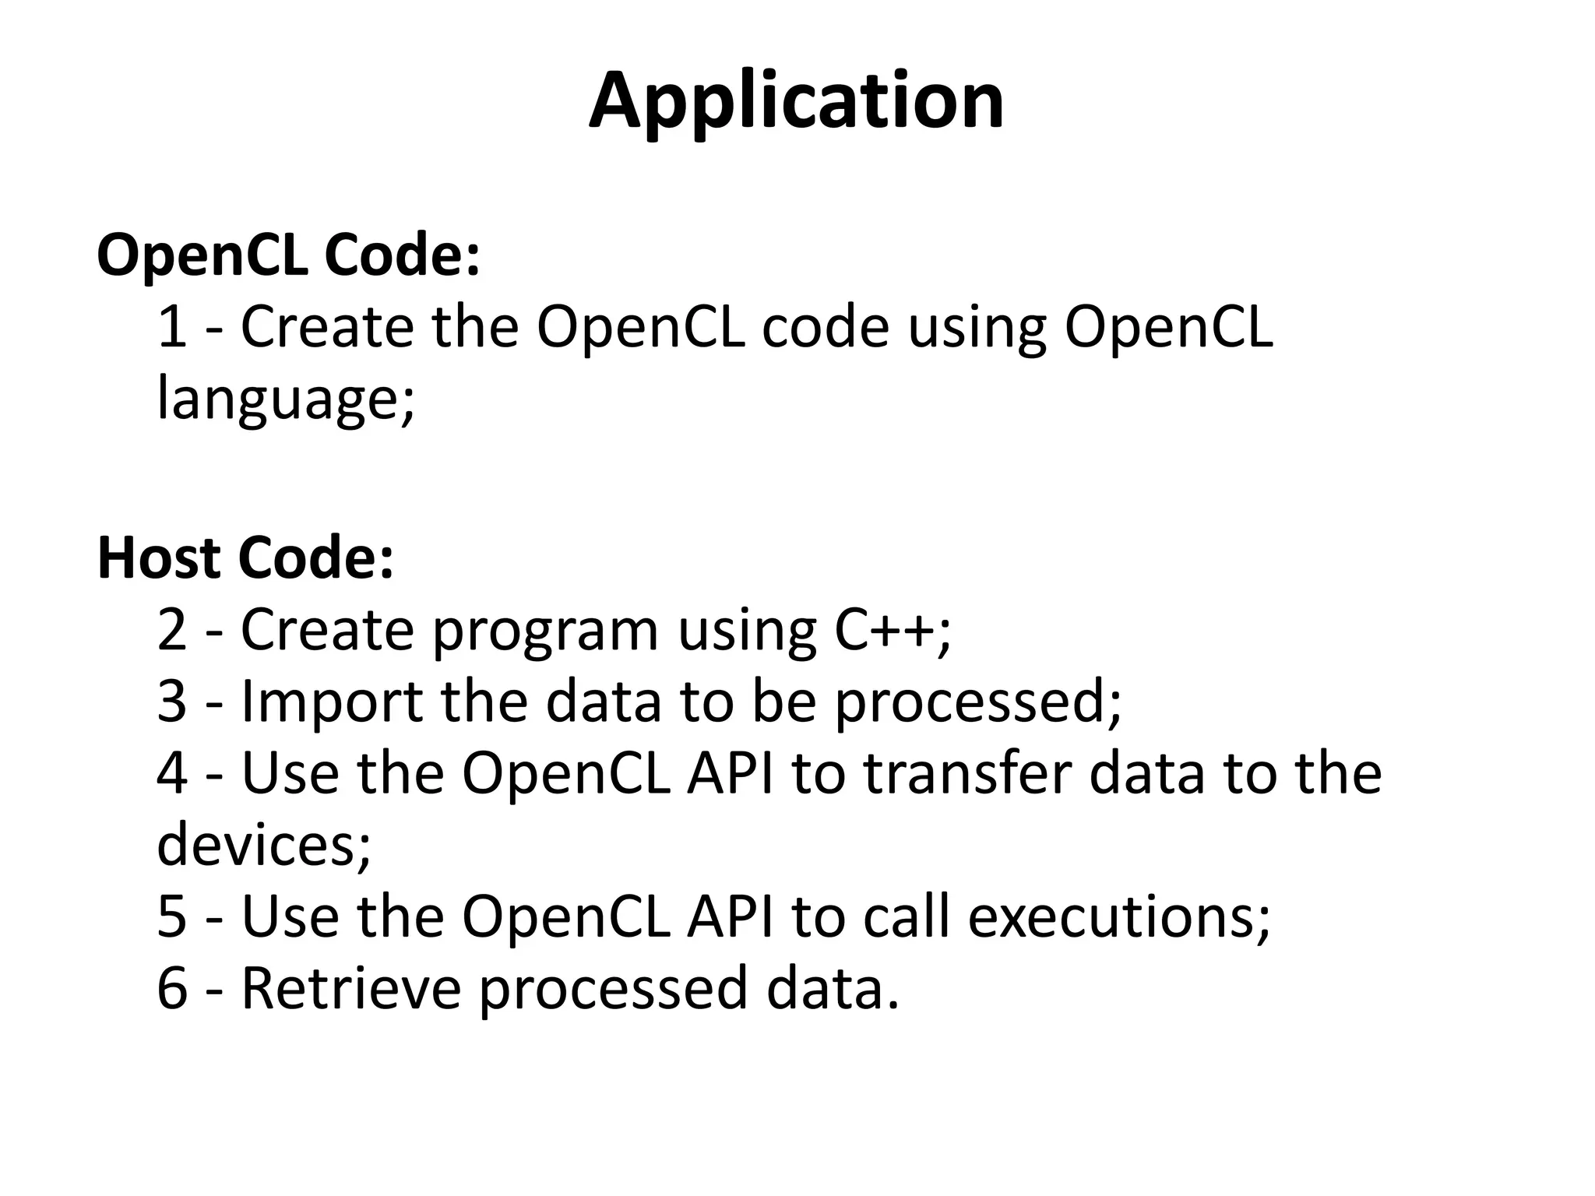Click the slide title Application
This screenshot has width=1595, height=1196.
796,102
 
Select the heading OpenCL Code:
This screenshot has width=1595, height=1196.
288,255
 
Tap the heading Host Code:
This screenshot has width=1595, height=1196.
245,558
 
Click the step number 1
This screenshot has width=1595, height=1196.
172,327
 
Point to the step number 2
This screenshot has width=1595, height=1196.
172,630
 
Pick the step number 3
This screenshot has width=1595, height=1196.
172,702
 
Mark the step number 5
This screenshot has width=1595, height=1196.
172,916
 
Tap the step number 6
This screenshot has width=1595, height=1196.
172,988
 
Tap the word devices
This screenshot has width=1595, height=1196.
257,845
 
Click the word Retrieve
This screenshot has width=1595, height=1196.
350,988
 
